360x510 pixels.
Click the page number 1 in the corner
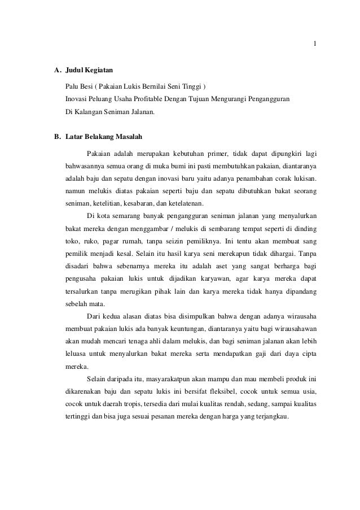[315, 45]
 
